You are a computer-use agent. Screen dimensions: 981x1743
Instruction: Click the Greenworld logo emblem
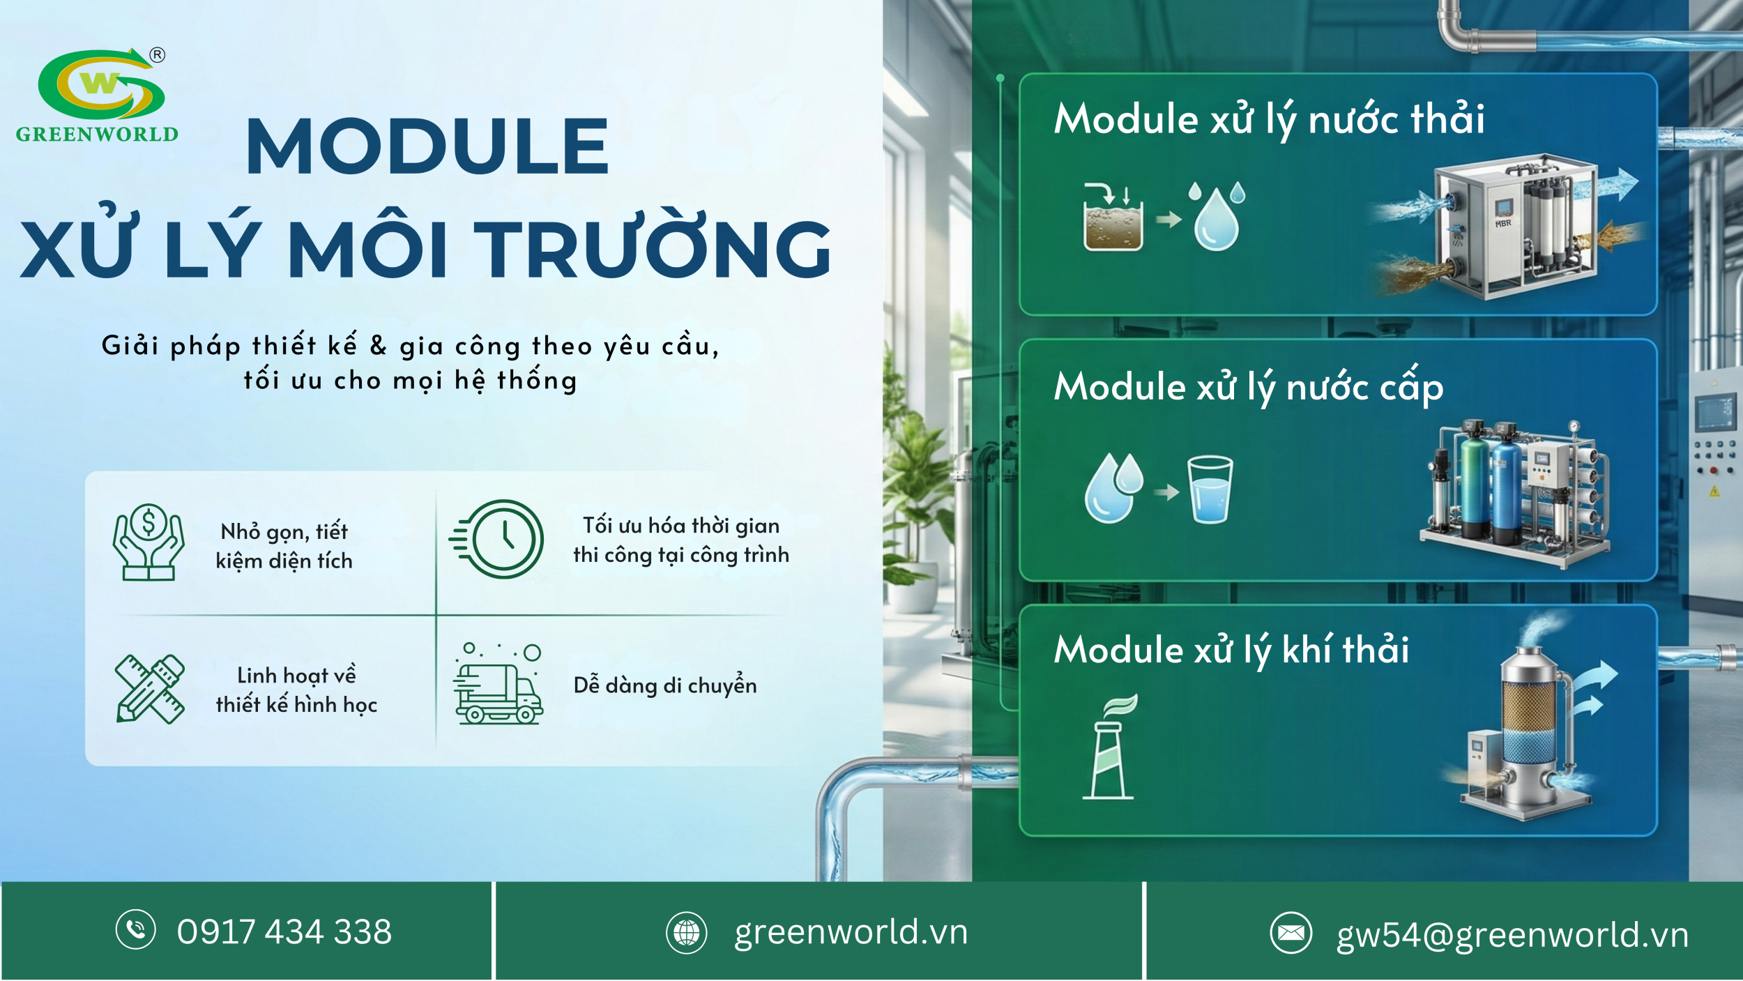(101, 84)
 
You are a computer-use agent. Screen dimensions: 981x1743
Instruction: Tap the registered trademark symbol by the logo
(158, 55)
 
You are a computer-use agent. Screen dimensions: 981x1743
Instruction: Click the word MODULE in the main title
(427, 146)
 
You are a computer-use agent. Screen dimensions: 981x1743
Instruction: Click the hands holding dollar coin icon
(149, 542)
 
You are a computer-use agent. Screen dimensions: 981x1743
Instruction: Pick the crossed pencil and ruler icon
(150, 689)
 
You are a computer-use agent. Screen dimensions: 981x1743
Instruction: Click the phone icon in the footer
(135, 929)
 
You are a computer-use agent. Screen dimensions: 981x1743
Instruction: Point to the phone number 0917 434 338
(284, 931)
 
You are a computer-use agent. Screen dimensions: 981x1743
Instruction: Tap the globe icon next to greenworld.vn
(686, 932)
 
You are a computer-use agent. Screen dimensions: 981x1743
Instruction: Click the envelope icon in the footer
(1291, 932)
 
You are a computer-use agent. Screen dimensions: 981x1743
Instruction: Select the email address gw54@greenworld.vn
(1512, 935)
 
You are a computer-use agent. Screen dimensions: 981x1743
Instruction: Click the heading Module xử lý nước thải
(1269, 119)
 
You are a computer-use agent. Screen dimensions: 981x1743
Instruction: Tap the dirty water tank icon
(1113, 218)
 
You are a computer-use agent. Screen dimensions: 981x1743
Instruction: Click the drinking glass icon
(1210, 489)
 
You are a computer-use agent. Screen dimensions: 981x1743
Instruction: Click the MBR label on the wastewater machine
(1502, 224)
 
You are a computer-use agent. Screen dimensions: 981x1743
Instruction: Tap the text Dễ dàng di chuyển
(664, 686)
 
